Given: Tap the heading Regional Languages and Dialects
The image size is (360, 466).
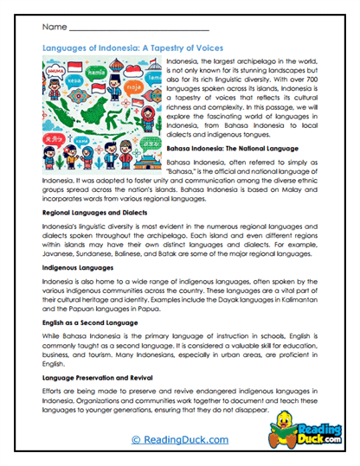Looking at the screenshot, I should pos(93,212).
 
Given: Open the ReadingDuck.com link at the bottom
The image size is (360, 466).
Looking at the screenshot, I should pos(179,439).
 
